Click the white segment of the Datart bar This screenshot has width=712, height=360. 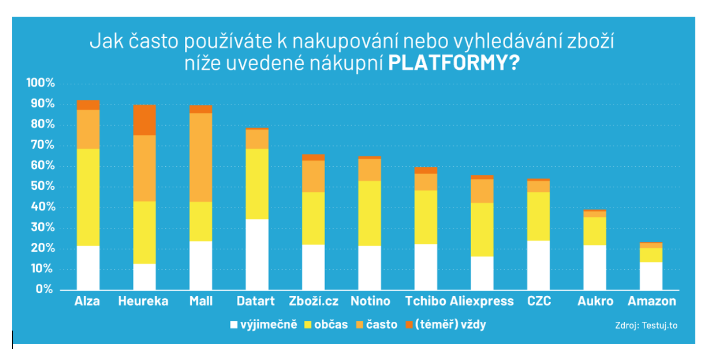257,254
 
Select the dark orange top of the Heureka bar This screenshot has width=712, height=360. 145,120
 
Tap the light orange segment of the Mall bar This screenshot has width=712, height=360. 201,157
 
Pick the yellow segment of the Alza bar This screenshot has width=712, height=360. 88,197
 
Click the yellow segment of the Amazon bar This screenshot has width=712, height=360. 651,255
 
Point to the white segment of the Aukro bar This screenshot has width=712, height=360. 595,267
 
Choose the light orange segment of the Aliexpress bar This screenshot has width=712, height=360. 482,191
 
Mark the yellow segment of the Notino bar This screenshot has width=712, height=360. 370,213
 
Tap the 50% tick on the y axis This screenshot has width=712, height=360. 43,186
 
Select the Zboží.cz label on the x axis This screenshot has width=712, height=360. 313,301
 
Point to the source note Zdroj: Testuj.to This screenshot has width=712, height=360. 646,325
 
